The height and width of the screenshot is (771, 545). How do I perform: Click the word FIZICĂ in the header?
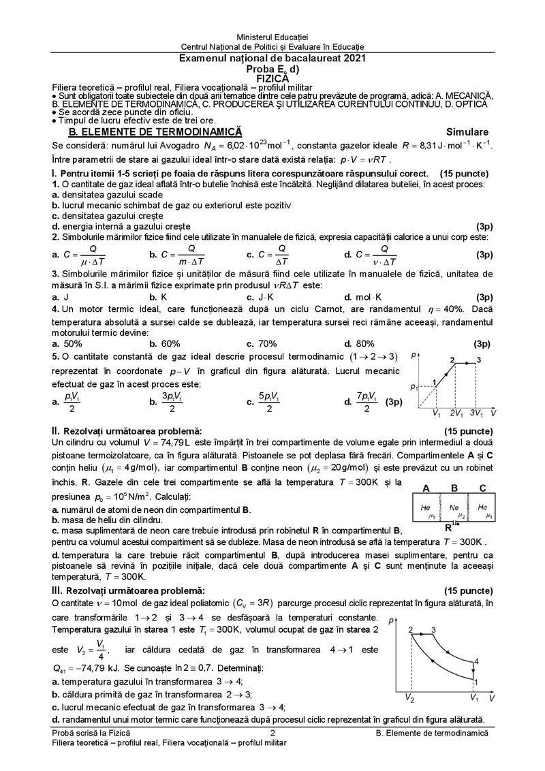(x=272, y=78)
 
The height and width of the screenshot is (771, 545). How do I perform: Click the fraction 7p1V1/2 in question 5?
(x=363, y=402)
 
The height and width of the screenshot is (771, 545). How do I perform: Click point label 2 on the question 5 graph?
(x=452, y=359)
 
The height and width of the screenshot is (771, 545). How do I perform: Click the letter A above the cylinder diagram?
(x=426, y=488)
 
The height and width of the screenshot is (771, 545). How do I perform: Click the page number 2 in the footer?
(x=272, y=732)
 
